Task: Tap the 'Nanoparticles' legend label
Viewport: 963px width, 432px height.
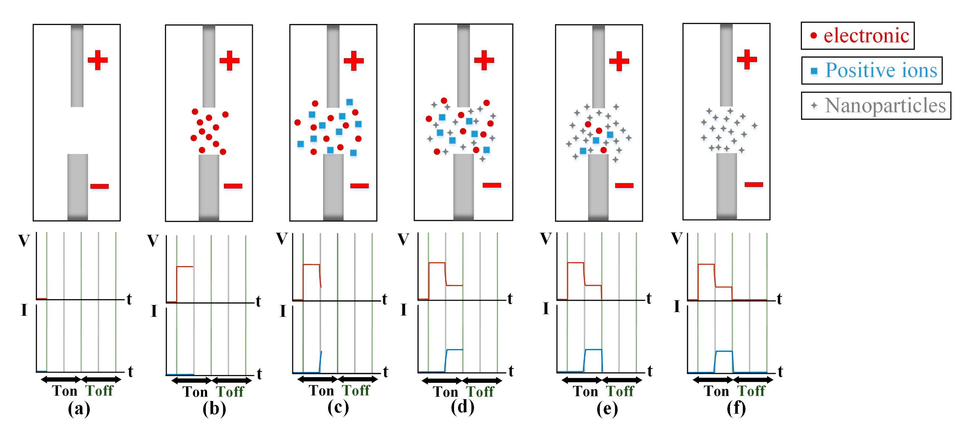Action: pyautogui.click(x=885, y=105)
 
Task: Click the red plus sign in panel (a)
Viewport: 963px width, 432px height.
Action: pyautogui.click(x=98, y=60)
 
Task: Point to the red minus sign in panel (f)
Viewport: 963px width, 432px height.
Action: pyautogui.click(x=753, y=184)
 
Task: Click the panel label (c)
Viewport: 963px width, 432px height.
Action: pyautogui.click(x=338, y=407)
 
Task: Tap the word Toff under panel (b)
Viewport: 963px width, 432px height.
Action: pyautogui.click(x=230, y=392)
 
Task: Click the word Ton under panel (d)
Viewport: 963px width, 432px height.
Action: pyautogui.click(x=445, y=392)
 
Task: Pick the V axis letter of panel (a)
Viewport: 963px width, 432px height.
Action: pyautogui.click(x=24, y=241)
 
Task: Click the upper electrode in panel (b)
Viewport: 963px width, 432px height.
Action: pyautogui.click(x=209, y=66)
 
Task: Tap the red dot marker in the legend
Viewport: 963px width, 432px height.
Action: pyautogui.click(x=813, y=36)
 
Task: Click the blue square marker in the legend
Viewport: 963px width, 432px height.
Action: pyautogui.click(x=814, y=71)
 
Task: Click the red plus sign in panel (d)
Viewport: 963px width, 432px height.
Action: pyautogui.click(x=484, y=60)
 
